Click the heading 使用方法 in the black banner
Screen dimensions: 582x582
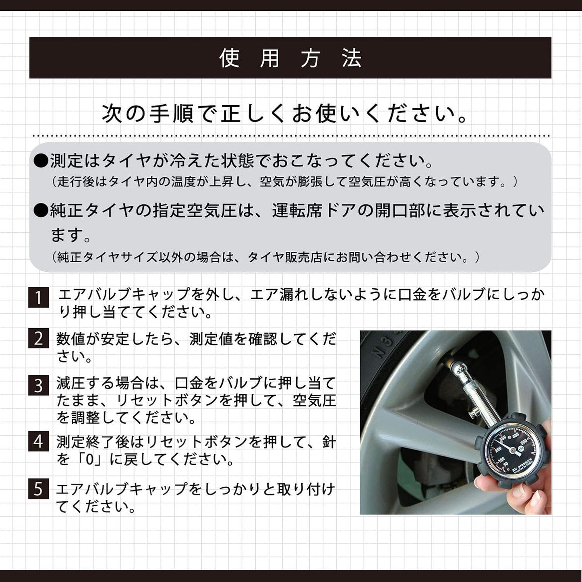290,58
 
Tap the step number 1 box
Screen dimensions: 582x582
38,298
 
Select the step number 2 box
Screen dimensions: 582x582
38,338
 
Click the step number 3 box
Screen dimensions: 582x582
38,385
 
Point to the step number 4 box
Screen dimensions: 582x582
38,442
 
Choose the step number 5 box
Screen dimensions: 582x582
38,489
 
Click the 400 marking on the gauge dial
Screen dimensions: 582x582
515,436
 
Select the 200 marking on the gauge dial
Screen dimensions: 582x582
498,448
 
